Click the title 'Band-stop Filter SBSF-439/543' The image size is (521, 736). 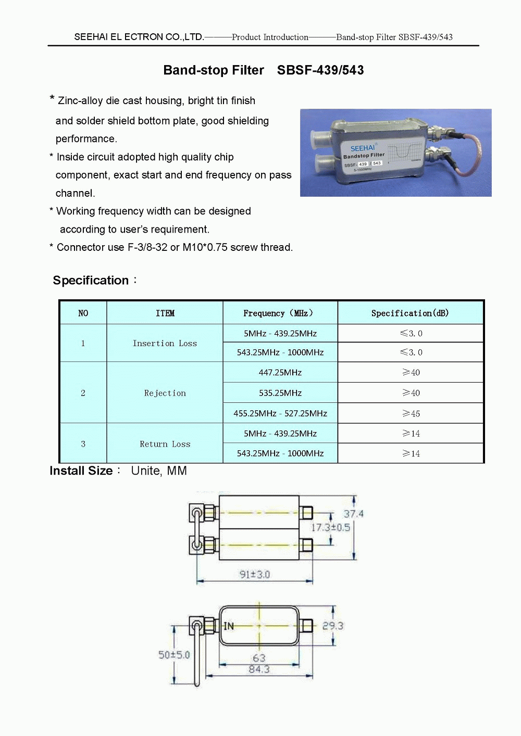coord(263,70)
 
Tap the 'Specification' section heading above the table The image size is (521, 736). coord(91,281)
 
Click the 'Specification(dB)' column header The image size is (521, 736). coord(410,313)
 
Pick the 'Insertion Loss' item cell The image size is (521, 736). coord(165,344)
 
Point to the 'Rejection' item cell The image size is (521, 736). coord(165,393)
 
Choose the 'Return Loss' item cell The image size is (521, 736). coord(165,444)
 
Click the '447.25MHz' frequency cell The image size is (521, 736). coord(280,373)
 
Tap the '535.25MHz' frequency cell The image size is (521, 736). coord(280,393)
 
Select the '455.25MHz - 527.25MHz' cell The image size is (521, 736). coord(280,413)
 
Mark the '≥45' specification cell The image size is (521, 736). coord(411,413)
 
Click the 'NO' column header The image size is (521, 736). coord(83,313)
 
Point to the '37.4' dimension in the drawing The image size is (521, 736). coord(353,514)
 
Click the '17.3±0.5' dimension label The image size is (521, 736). coord(330,527)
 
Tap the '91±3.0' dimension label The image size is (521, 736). coord(254,574)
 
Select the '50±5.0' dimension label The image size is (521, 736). coord(174,655)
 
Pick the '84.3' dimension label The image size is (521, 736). coord(259,669)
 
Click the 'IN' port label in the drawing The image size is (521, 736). coord(229,626)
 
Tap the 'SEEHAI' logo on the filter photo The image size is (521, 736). coord(362,148)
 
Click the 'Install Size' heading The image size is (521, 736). coord(81,471)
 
